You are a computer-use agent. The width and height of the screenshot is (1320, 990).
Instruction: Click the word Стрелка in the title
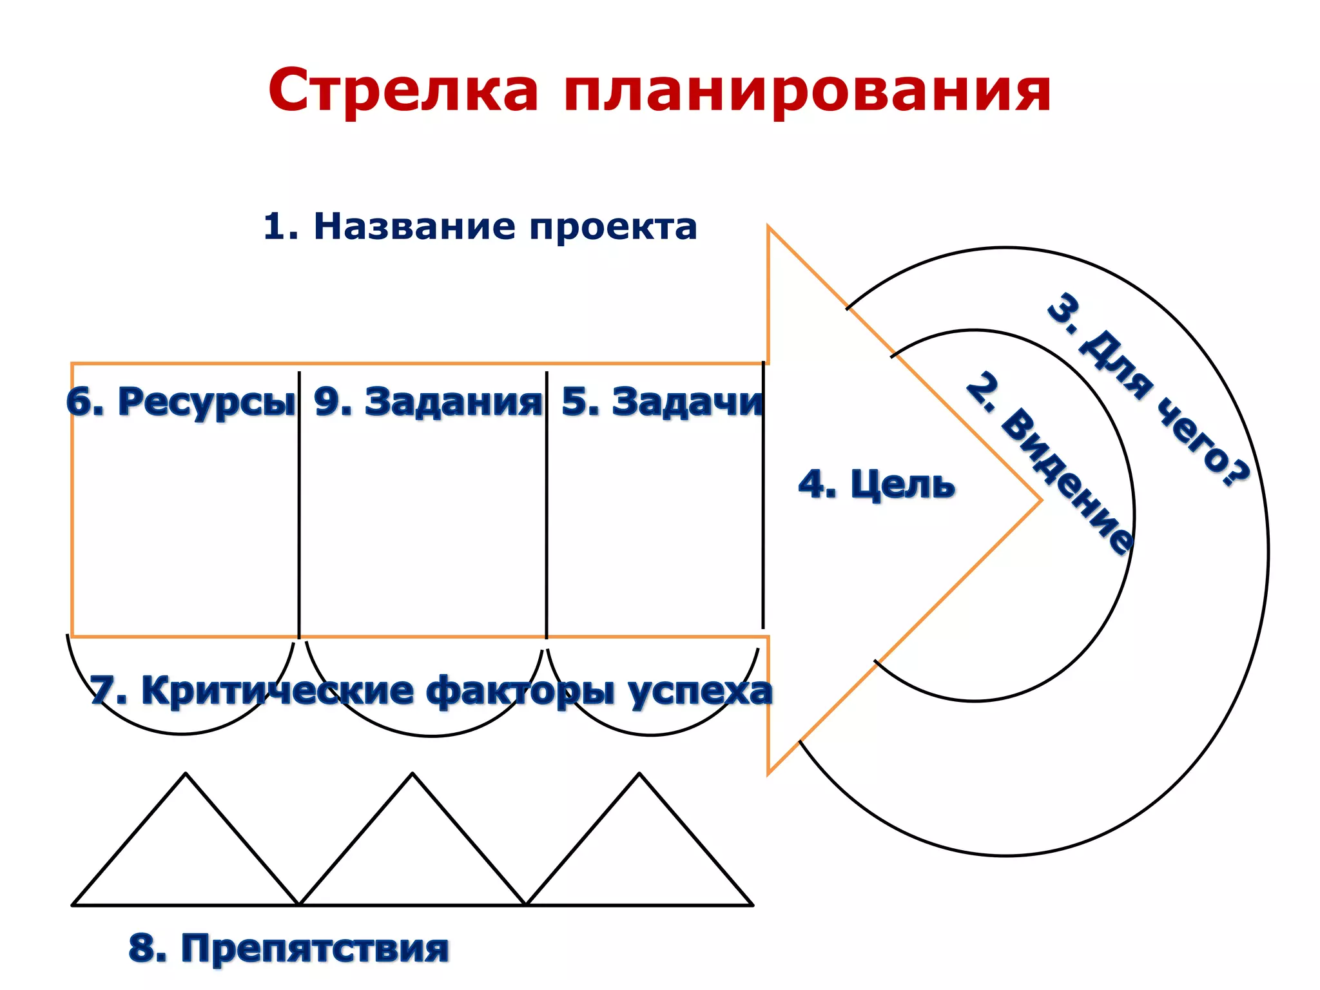(x=403, y=90)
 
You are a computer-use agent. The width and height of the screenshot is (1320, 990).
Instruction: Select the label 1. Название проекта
(x=480, y=227)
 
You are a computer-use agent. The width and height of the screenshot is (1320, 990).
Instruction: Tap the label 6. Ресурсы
(x=181, y=402)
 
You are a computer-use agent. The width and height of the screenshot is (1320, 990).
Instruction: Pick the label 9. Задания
(x=428, y=402)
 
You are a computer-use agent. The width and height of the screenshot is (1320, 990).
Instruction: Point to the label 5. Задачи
(x=663, y=402)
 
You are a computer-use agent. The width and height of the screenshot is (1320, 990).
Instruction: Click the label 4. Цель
(x=877, y=485)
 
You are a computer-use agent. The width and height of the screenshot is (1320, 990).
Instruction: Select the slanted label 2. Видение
(x=1051, y=463)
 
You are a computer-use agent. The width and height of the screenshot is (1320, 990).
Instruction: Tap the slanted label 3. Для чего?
(x=1147, y=390)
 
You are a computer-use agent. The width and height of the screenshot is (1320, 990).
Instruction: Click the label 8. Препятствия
(x=289, y=948)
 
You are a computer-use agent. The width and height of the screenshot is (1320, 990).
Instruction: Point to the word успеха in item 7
(x=700, y=691)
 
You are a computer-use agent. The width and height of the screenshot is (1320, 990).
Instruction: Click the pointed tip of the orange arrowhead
(x=1040, y=500)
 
